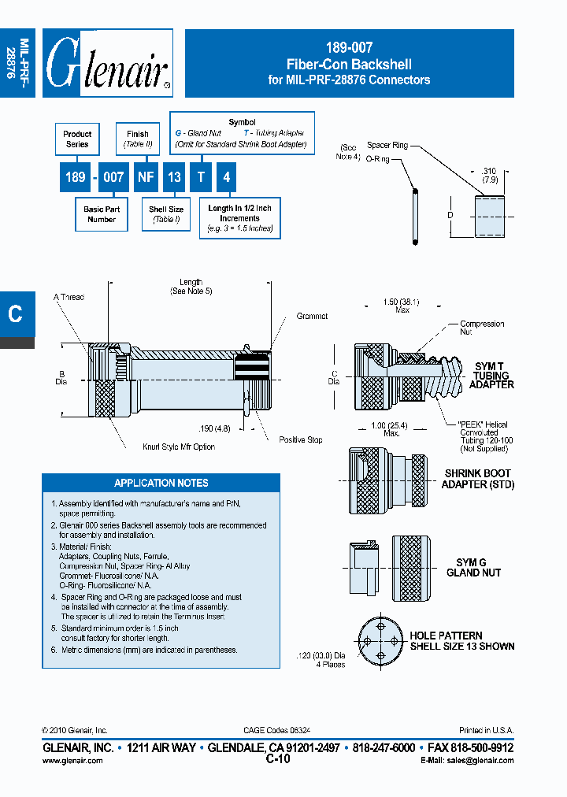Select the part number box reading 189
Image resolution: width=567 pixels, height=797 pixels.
75,178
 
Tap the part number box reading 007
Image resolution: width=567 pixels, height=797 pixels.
114,178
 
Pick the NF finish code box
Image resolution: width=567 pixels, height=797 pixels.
146,178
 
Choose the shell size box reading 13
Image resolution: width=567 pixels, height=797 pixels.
174,178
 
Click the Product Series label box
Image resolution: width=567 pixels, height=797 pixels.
77,139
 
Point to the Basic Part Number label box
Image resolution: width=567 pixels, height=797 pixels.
102,214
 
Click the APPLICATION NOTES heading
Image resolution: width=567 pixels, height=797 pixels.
161,483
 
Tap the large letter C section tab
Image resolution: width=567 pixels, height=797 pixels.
16,313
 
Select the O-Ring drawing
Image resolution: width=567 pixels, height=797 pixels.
413,215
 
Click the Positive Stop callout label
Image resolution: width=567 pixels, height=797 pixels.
301,439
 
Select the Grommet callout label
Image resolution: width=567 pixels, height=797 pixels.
312,316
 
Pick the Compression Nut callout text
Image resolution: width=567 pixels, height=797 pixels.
482,328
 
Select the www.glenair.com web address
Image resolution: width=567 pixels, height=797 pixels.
72,760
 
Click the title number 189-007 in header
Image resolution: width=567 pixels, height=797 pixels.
349,49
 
